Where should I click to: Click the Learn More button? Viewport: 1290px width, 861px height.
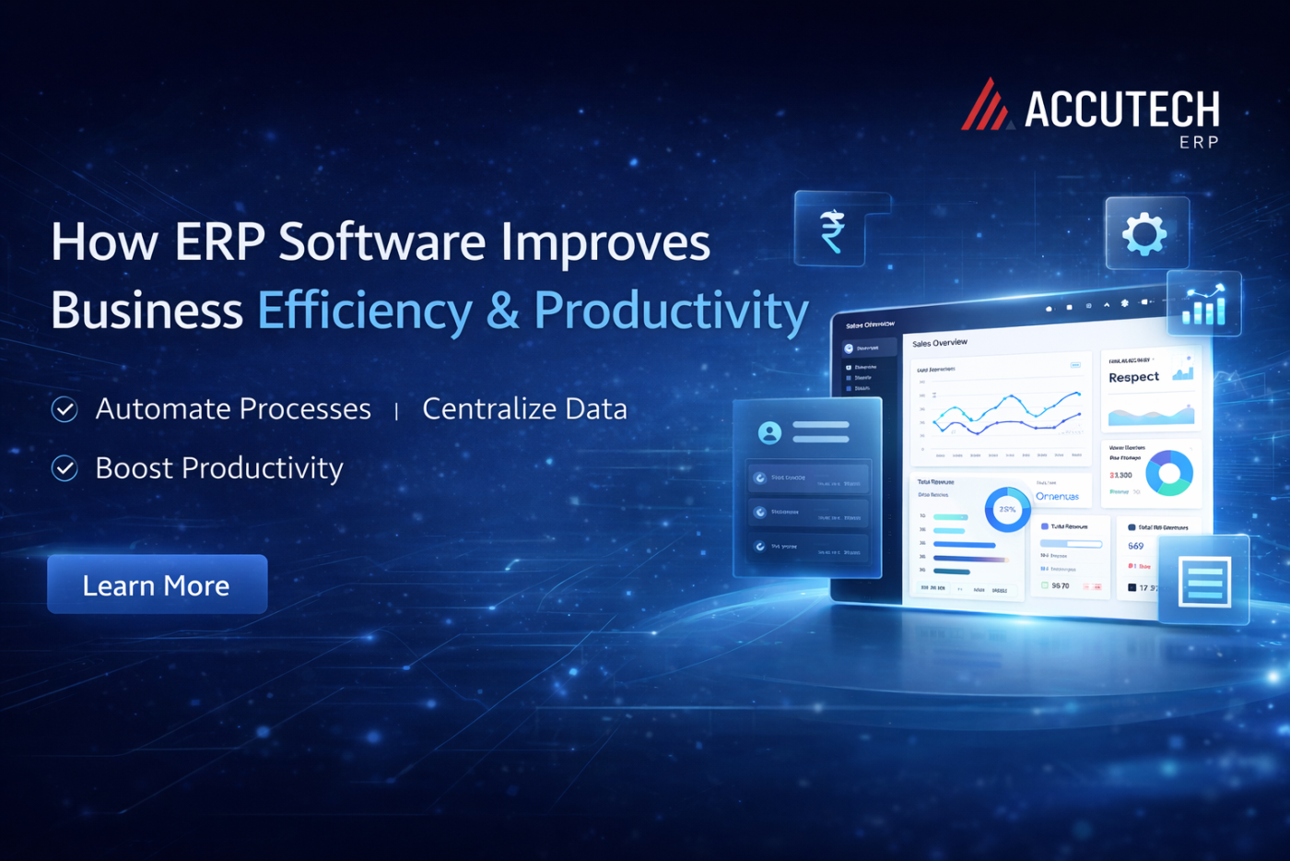point(157,584)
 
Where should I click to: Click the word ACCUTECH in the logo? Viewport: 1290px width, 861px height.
point(1121,110)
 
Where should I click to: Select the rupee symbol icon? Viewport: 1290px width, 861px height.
point(832,230)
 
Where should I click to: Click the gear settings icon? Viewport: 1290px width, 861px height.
point(1144,233)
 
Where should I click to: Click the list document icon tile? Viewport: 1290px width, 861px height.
point(1204,582)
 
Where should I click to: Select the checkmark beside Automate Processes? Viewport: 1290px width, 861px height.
point(64,409)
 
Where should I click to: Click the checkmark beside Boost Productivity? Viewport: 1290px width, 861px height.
point(64,468)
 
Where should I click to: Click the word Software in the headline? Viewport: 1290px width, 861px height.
point(381,242)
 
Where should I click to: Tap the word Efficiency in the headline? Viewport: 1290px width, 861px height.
point(364,311)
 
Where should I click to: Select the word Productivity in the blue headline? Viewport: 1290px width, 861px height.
point(671,311)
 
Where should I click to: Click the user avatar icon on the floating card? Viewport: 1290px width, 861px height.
point(769,431)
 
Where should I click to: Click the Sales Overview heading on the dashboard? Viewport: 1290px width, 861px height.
point(940,343)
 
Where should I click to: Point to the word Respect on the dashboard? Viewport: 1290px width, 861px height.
point(1133,377)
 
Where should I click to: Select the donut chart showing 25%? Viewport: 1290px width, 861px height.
point(1007,509)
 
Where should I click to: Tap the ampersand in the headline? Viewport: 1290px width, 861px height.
point(503,311)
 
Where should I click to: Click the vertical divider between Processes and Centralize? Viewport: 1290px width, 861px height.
point(396,411)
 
